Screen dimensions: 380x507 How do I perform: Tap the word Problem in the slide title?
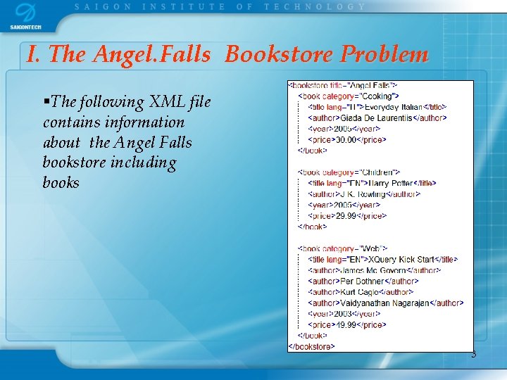[x=384, y=54]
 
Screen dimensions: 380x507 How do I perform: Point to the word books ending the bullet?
[x=61, y=183]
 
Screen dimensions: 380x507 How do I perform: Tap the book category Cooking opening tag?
[x=349, y=96]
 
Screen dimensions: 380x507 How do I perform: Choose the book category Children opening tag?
[x=349, y=172]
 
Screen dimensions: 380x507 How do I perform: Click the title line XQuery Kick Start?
[x=382, y=260]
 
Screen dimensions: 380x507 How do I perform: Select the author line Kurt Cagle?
[x=361, y=292]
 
